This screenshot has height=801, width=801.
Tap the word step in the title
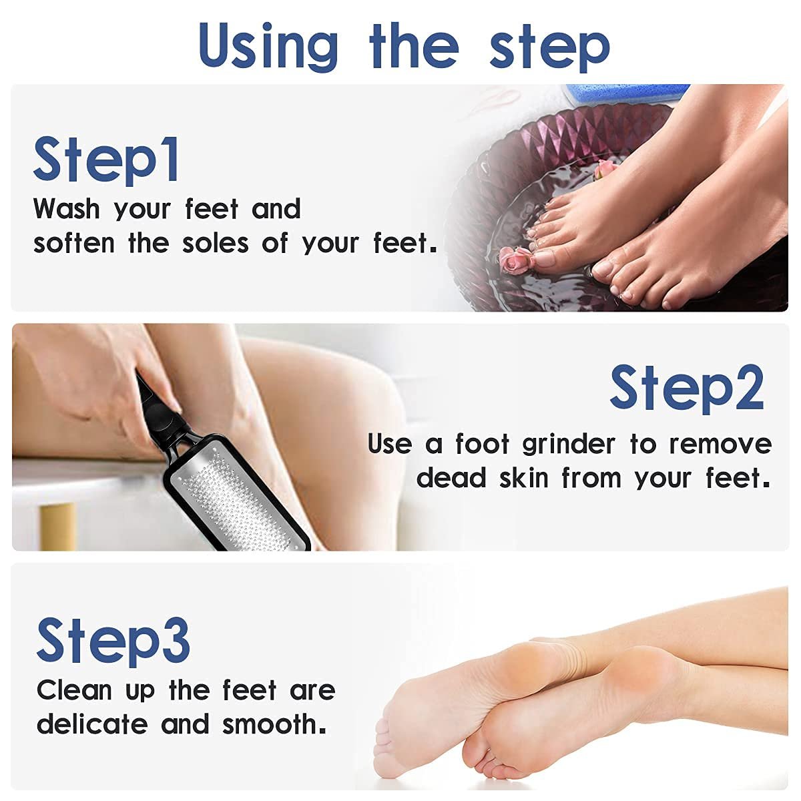(550, 48)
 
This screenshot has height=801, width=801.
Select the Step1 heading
(106, 162)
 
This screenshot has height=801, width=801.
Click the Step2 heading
(687, 389)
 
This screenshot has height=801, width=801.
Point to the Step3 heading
(113, 641)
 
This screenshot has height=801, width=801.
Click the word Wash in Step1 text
(67, 208)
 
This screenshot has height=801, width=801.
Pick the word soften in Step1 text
(74, 243)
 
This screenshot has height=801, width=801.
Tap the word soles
(216, 243)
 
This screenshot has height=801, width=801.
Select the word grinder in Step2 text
(569, 445)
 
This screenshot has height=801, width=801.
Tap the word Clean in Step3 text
(74, 690)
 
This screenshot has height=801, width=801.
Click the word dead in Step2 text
(451, 478)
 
